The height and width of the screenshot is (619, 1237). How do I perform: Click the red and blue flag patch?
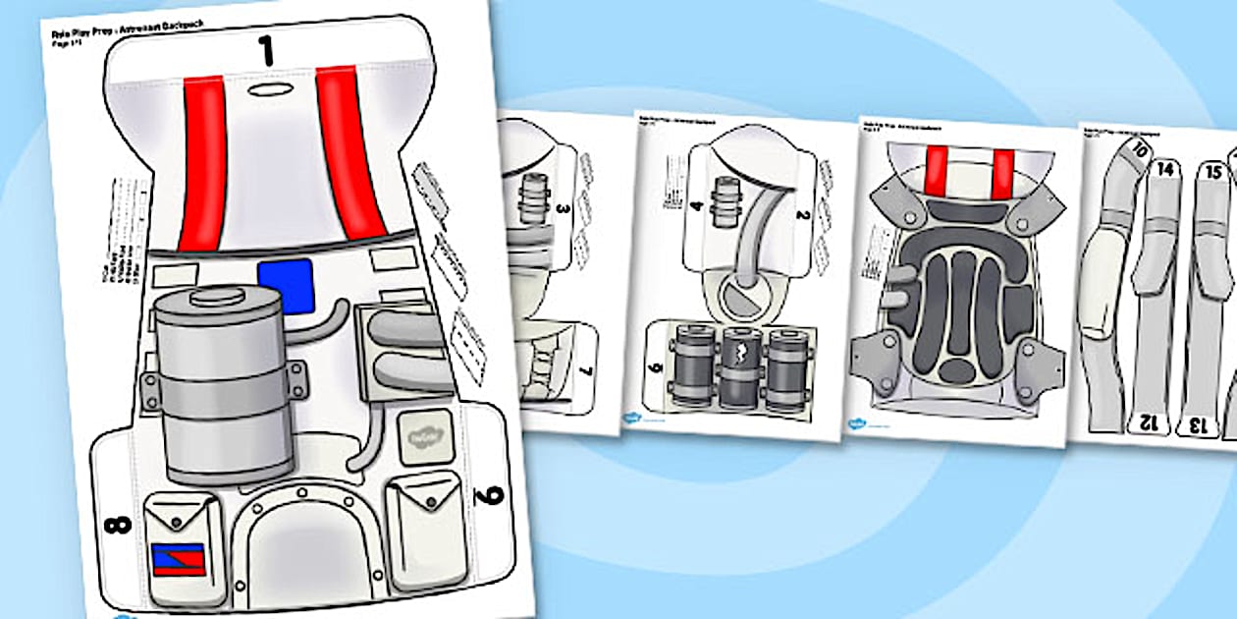click(x=177, y=559)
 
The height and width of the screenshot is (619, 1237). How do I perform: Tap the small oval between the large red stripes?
click(x=264, y=90)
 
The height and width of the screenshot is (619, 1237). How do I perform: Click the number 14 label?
click(x=1165, y=169)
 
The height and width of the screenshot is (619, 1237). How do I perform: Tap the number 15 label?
click(x=1213, y=171)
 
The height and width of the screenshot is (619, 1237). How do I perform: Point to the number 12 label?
click(x=1145, y=422)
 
